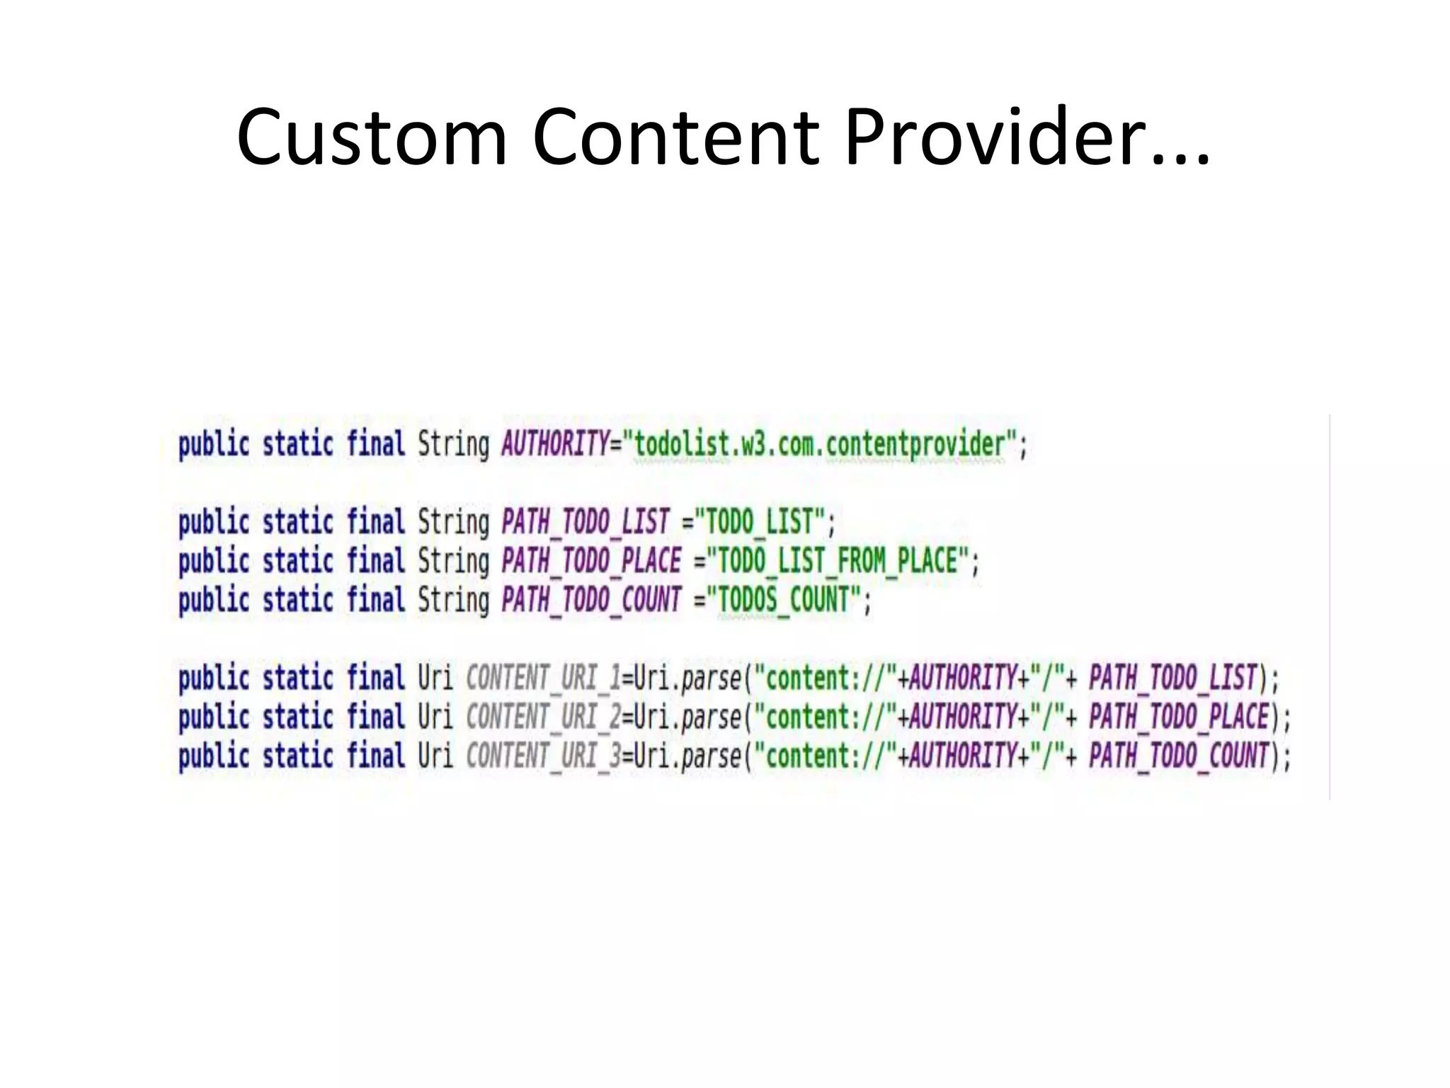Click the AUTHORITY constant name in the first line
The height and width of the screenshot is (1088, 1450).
[x=554, y=444]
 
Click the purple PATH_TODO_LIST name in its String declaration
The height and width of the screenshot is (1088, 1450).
[x=586, y=522]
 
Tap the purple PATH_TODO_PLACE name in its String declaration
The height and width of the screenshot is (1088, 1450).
[x=591, y=561]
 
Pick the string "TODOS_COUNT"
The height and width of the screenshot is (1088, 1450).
[x=783, y=600]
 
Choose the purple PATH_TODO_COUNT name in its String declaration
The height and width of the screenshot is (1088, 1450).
[x=591, y=600]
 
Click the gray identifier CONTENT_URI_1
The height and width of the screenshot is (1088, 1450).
[x=543, y=678]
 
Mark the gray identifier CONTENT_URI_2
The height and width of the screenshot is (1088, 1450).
[x=543, y=717]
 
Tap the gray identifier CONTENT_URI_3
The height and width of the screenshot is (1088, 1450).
[x=543, y=756]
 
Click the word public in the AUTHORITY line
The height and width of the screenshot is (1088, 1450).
[x=214, y=444]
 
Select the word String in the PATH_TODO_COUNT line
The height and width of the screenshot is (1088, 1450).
[x=453, y=600]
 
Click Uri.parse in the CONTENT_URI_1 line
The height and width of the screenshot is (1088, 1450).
[x=687, y=678]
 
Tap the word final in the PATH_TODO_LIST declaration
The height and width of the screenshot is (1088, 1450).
[x=375, y=522]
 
